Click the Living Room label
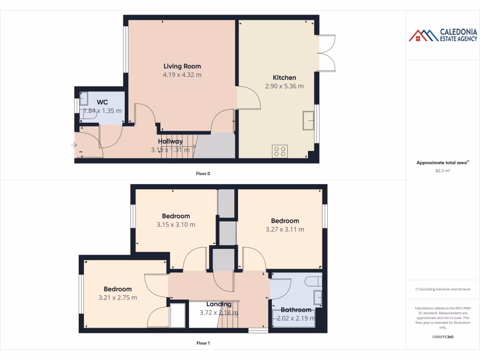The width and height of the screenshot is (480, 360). [x=182, y=66]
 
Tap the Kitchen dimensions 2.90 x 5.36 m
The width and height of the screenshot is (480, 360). [x=285, y=86]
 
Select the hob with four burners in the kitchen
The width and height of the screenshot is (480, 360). [x=280, y=151]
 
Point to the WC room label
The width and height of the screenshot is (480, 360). [x=102, y=102]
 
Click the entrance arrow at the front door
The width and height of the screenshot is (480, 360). [x=74, y=145]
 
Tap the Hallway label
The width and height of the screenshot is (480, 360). [x=170, y=141]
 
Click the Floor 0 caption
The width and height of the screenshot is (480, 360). [x=203, y=173]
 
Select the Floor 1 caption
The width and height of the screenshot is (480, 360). [x=203, y=343]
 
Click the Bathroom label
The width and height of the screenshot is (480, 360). [x=296, y=310]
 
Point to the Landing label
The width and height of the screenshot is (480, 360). [x=219, y=304]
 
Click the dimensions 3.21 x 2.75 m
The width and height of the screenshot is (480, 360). [x=118, y=298]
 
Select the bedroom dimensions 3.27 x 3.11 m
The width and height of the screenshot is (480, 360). [x=285, y=229]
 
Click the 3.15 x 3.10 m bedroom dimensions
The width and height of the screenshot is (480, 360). [x=176, y=225]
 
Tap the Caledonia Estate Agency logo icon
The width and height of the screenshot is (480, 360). [x=423, y=35]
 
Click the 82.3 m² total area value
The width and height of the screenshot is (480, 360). [x=443, y=171]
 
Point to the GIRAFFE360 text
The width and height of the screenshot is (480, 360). [x=443, y=337]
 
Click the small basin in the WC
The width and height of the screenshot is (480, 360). [x=84, y=98]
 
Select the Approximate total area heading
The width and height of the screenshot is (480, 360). [x=442, y=163]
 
